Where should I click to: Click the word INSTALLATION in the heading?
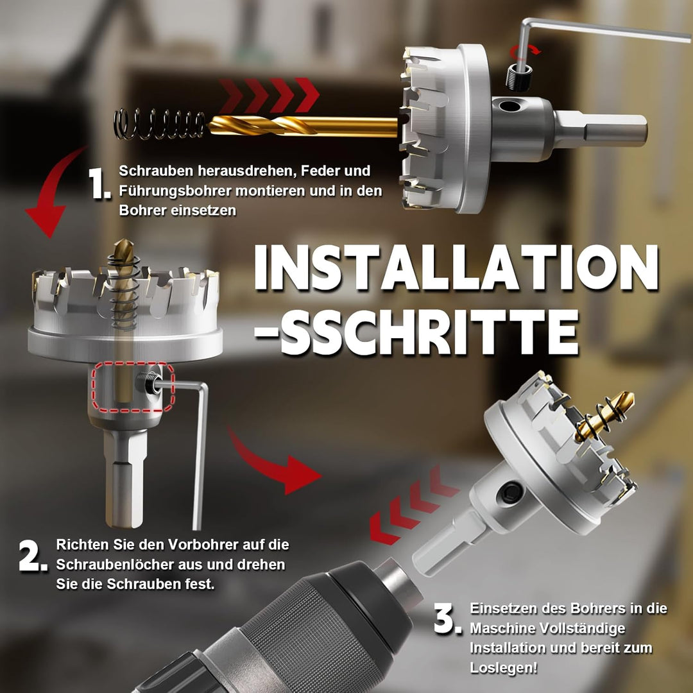click(456, 267)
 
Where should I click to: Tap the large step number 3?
click(447, 620)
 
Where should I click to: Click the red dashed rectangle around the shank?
click(133, 387)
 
